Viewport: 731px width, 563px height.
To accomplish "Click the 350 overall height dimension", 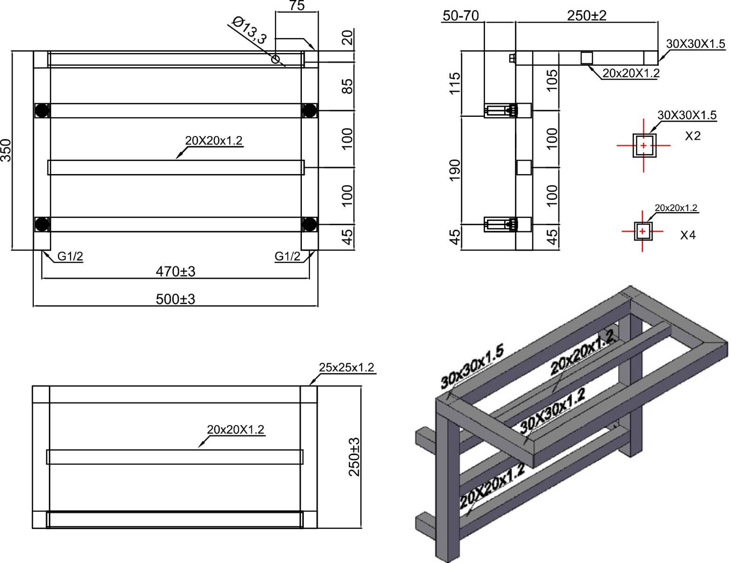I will [6, 150].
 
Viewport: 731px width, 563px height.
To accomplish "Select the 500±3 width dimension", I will [175, 299].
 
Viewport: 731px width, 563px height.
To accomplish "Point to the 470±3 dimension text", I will [175, 271].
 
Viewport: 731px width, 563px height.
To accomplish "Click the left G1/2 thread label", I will [70, 256].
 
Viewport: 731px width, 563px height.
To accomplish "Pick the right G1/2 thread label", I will [287, 256].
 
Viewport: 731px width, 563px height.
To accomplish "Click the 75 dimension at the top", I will [297, 6].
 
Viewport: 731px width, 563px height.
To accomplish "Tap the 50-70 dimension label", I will [461, 16].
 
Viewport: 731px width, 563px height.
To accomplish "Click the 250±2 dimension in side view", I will [586, 15].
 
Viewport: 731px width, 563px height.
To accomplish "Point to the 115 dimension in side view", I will [454, 83].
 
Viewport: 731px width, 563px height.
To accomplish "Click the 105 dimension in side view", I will [553, 80].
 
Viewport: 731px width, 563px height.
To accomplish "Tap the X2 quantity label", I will [693, 136].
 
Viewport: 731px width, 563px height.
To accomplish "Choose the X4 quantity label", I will [688, 235].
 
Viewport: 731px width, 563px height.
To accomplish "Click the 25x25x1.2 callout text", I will [346, 367].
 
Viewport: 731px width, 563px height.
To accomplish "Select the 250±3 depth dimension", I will [354, 456].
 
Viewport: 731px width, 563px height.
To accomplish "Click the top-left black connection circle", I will [42, 110].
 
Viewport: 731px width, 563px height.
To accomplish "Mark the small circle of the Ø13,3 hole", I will [276, 59].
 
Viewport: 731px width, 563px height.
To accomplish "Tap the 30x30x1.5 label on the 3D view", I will [472, 366].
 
